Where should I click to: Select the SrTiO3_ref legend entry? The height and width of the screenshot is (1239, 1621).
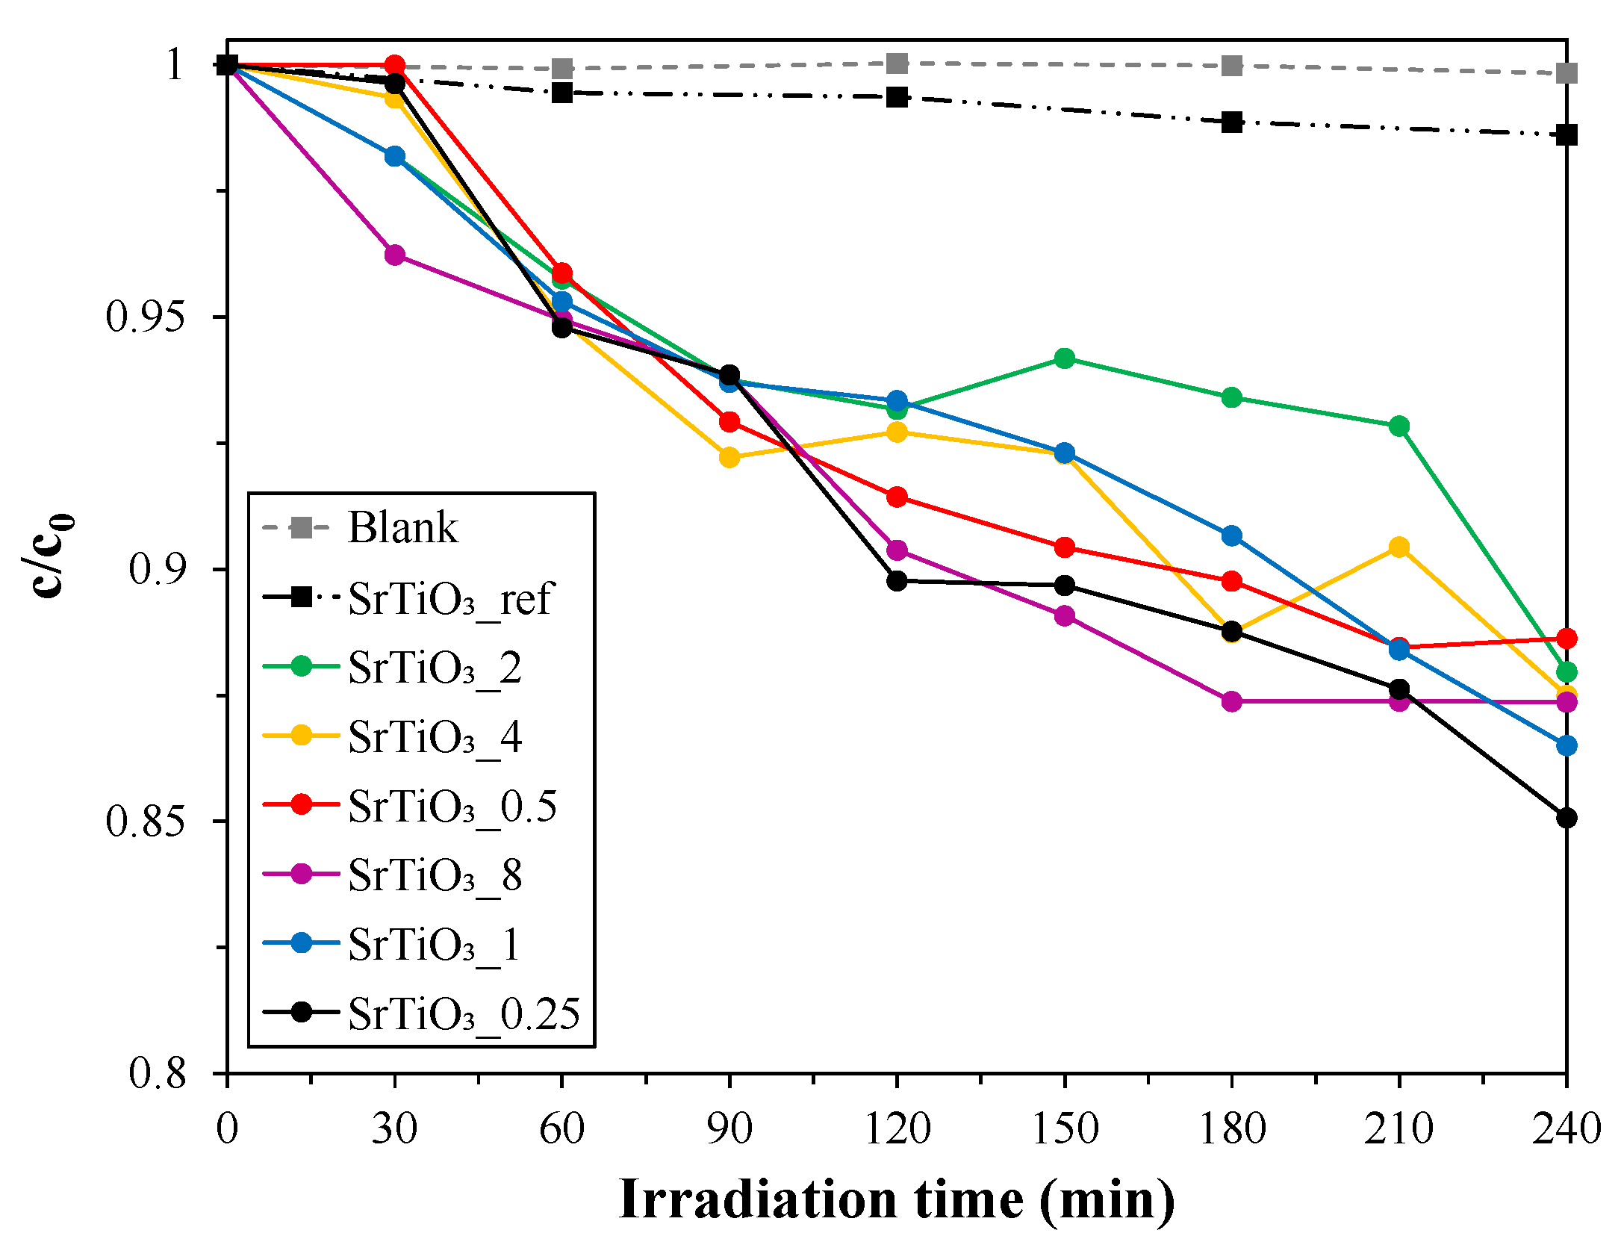(448, 598)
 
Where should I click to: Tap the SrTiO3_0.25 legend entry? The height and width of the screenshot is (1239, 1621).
(463, 1013)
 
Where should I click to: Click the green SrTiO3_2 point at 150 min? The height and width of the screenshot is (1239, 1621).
(1065, 358)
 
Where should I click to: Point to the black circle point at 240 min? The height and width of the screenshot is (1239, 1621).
(1566, 818)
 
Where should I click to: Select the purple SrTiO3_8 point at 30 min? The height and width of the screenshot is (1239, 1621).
(395, 255)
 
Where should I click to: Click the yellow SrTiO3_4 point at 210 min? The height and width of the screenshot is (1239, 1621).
(1399, 547)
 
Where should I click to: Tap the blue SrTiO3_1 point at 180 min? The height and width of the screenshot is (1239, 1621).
(1232, 535)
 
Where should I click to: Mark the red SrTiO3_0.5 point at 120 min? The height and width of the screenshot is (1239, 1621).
(897, 497)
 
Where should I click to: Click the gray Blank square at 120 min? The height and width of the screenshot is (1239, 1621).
(897, 63)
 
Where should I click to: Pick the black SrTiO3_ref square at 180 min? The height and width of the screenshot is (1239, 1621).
(1232, 122)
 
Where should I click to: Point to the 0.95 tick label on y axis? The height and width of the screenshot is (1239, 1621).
(145, 317)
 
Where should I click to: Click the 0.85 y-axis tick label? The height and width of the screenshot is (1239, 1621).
(145, 822)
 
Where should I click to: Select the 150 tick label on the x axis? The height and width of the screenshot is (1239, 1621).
(1065, 1128)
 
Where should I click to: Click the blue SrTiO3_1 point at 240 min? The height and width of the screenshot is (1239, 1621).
(1566, 745)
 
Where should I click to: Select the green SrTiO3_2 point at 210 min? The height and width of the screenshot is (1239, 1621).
(1399, 426)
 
